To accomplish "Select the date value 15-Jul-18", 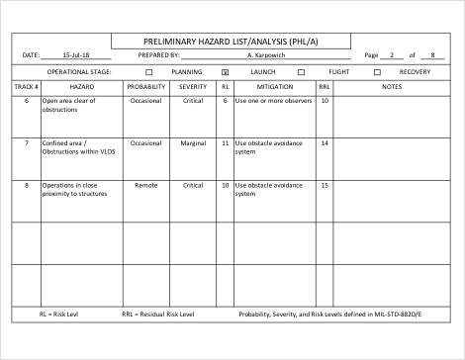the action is [x=75, y=55].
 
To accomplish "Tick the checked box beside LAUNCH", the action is [x=225, y=72].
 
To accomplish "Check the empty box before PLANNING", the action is [x=149, y=72].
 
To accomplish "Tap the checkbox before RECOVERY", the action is [x=377, y=72].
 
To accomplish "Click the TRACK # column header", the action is [x=26, y=87].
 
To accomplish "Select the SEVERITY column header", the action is [x=193, y=87].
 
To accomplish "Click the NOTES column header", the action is [x=391, y=87].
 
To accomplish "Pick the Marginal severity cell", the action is [x=193, y=142].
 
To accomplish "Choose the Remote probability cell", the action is [x=145, y=185].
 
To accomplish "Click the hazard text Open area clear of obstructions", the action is [x=68, y=105].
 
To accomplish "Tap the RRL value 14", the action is [x=325, y=142].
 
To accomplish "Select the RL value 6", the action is [x=226, y=101].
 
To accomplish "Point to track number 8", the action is [x=26, y=185].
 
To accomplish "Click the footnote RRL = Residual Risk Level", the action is [x=158, y=315].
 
